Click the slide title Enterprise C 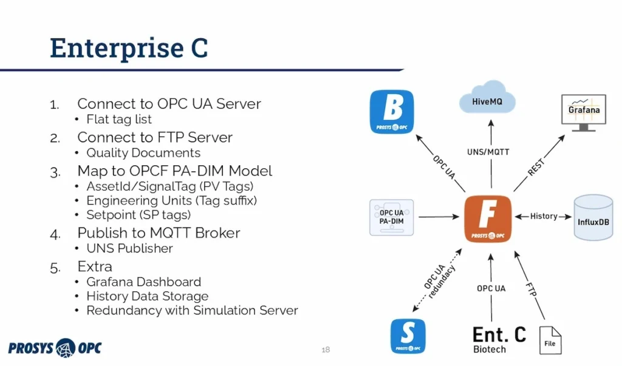click(128, 48)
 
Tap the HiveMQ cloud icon click(488, 100)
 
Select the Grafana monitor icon click(584, 112)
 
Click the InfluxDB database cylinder click(593, 217)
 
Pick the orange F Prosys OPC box click(488, 217)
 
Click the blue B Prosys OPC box click(392, 112)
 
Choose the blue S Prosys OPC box click(408, 336)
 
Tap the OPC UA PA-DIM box click(391, 217)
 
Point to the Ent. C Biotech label click(499, 339)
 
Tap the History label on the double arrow click(544, 216)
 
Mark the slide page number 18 click(326, 350)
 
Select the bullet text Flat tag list click(119, 120)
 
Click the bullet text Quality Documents click(143, 153)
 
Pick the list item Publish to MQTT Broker click(159, 232)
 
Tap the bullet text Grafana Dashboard click(143, 282)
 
